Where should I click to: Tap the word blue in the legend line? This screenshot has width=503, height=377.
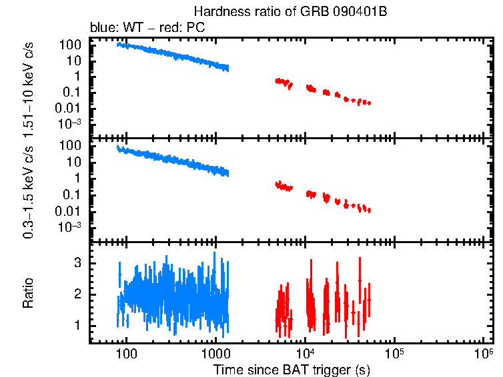[x=101, y=28]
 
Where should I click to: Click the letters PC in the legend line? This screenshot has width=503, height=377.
[x=195, y=28]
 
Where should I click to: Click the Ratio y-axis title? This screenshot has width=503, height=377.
[x=29, y=293]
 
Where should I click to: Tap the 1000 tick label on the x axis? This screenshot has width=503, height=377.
[x=215, y=353]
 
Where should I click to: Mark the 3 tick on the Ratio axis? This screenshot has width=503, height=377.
[x=77, y=263]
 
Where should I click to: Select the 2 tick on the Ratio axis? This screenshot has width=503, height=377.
[x=77, y=294]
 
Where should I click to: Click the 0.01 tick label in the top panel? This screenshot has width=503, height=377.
[x=69, y=109]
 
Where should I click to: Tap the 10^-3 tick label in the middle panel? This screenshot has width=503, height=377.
[x=69, y=226]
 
